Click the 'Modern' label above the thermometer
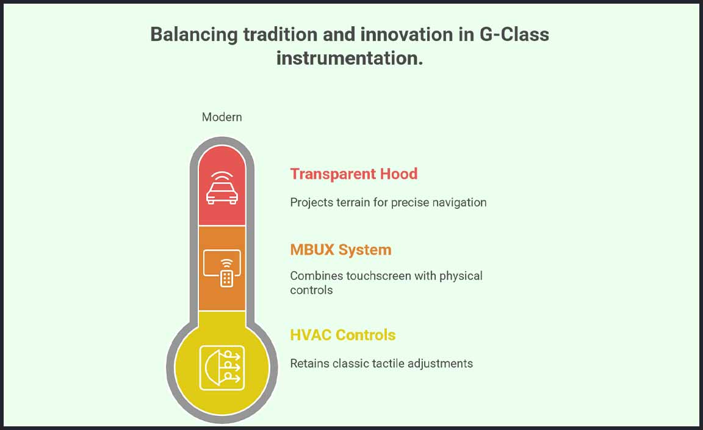point(222,117)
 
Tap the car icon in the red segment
point(222,188)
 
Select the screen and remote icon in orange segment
point(222,268)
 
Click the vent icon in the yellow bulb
point(222,368)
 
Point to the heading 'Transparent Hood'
point(354,174)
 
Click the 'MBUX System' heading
point(341,250)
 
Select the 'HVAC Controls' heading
point(343,335)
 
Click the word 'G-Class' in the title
point(514,35)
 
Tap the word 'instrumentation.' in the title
point(350,59)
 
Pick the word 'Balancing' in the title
point(194,35)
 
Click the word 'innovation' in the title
point(406,35)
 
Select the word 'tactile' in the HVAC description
point(388,363)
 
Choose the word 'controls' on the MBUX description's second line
point(312,290)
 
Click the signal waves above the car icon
point(222,175)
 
